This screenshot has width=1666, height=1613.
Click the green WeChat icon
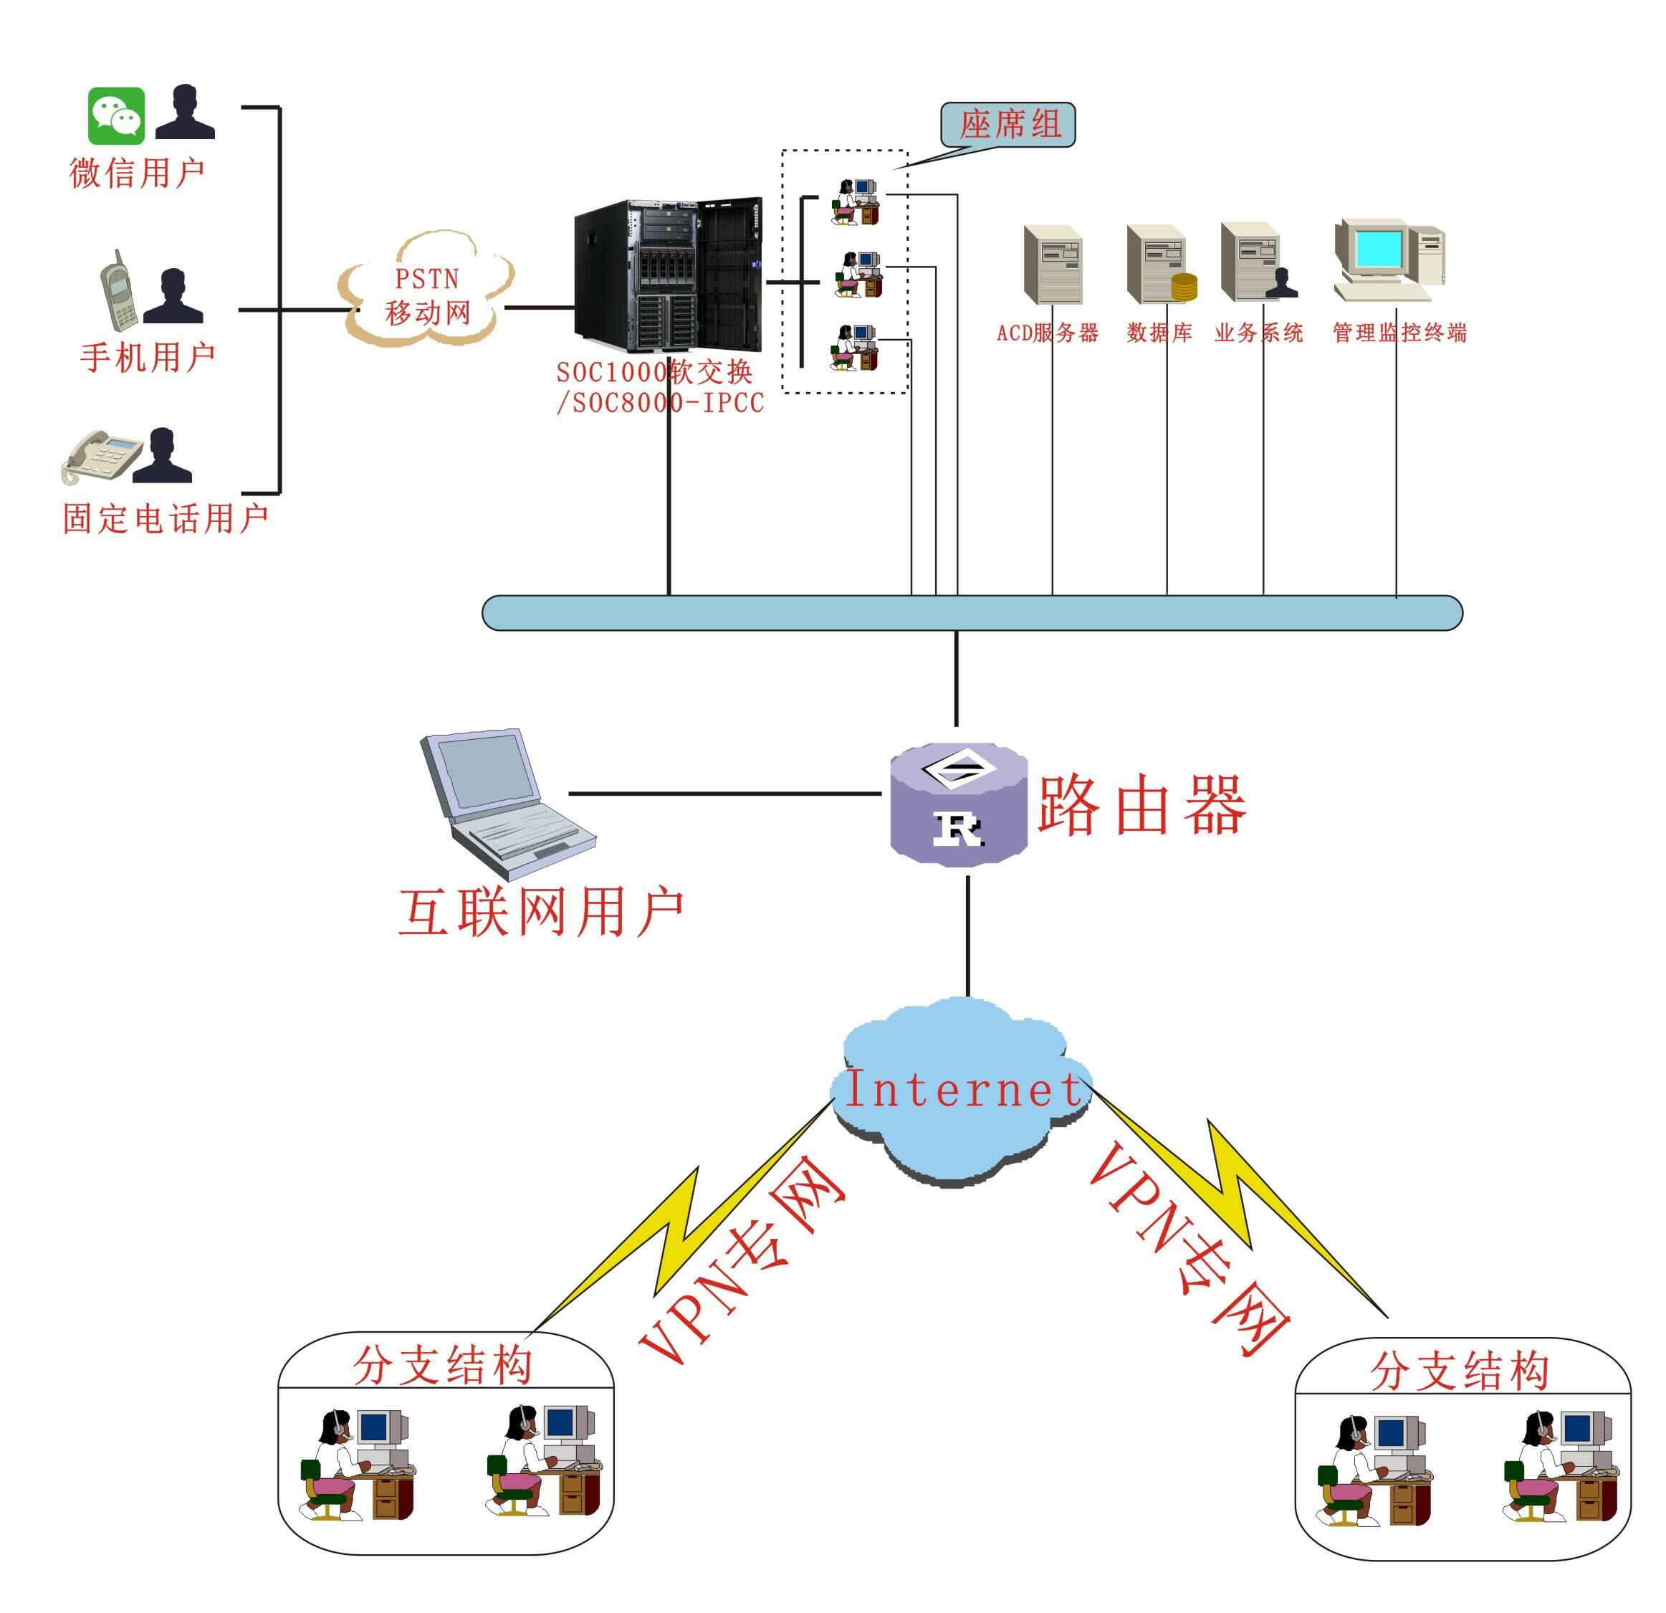[117, 115]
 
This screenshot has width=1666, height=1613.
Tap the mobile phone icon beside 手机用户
[118, 292]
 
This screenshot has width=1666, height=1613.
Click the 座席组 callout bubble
[1008, 125]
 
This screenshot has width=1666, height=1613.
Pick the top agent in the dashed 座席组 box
[854, 201]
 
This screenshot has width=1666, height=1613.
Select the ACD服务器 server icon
[1053, 265]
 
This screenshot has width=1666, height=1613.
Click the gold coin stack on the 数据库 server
[1184, 287]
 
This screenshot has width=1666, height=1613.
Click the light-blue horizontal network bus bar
[972, 613]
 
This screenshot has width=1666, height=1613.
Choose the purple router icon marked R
[959, 804]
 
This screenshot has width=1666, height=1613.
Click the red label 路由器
[1141, 804]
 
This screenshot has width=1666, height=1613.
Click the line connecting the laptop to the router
[724, 794]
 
